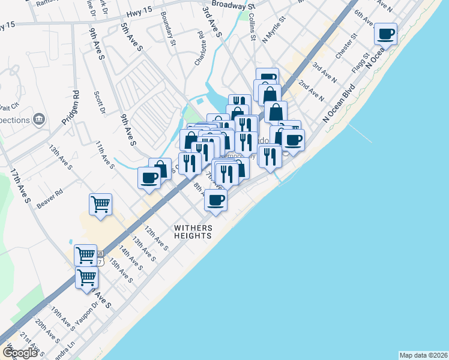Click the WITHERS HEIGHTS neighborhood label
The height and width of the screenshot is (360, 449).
click(193, 232)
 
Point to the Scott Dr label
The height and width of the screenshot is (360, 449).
click(99, 103)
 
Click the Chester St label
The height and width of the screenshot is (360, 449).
click(346, 46)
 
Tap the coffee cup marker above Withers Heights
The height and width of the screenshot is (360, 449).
click(216, 200)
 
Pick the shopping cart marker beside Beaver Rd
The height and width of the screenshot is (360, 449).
click(100, 204)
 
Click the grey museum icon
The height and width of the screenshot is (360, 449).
click(40, 119)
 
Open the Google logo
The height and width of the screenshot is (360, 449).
click(20, 353)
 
